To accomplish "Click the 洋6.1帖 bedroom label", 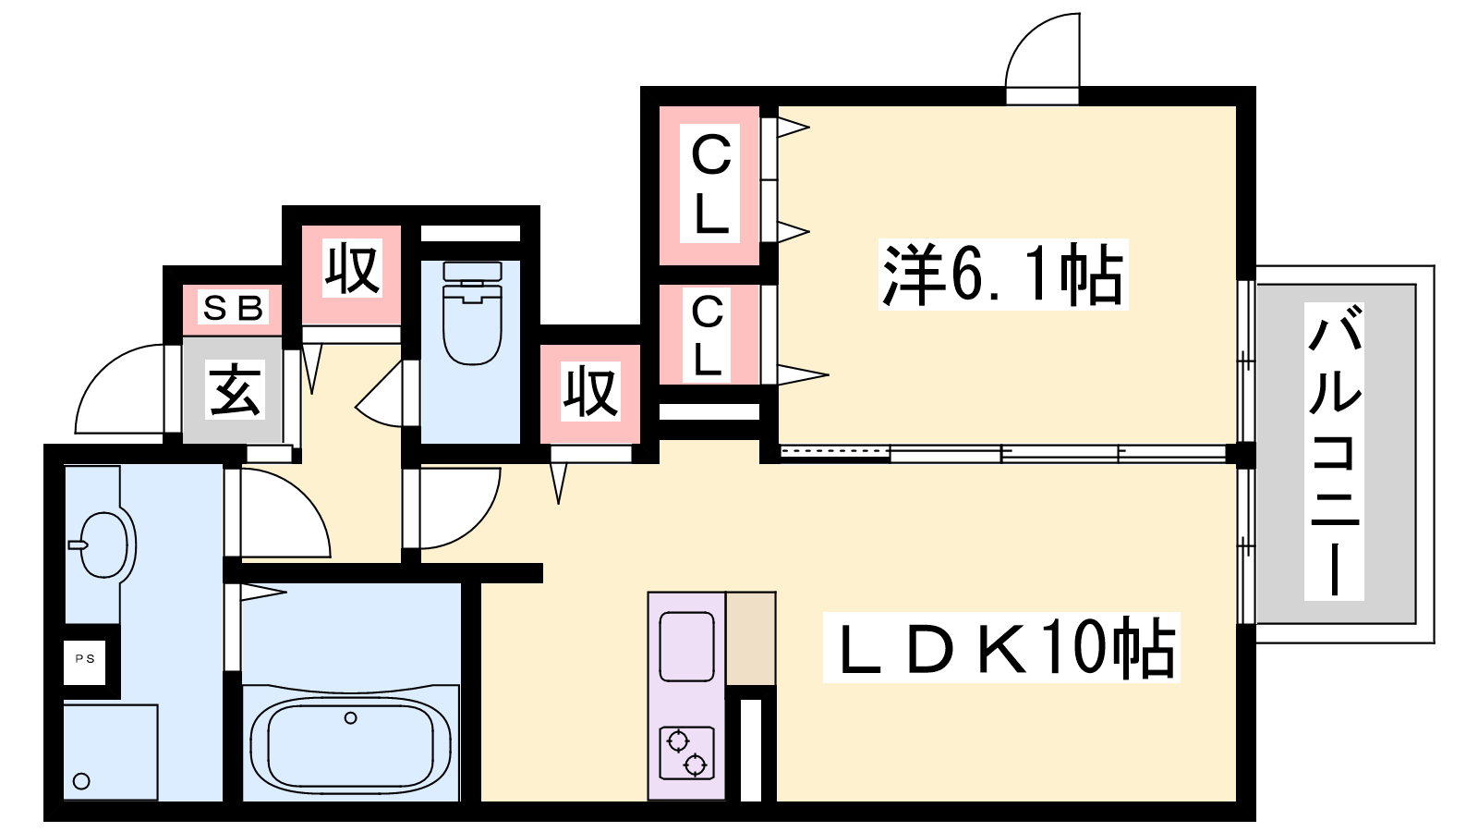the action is point(1003,275).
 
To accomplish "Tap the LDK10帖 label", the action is point(1001,648).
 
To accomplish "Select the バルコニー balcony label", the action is point(1334,451).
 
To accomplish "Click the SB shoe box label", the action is point(233,309).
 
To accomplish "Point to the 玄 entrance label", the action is point(236,389).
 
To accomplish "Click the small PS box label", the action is point(85,658).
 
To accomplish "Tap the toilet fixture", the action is point(472,312).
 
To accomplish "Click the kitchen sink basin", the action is point(687,646).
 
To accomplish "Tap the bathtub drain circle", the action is point(350,717).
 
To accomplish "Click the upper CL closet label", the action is point(710,184).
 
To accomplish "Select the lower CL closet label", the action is point(708,335).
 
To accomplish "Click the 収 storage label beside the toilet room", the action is point(352,268).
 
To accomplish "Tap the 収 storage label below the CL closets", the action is point(590,392).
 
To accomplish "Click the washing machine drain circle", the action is point(81,781).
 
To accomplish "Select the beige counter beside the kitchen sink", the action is point(751,639).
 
